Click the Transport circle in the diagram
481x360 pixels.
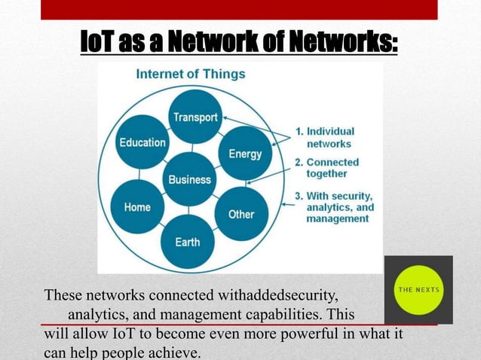(195, 117)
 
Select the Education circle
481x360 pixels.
(142, 142)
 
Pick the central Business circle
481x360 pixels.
(189, 179)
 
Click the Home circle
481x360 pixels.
(137, 207)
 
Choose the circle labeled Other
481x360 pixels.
(241, 214)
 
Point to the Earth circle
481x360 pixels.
(188, 242)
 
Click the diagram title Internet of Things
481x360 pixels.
(190, 74)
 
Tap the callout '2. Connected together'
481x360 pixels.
(332, 167)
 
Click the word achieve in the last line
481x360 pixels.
(176, 352)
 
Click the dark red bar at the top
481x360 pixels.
(239, 9)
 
